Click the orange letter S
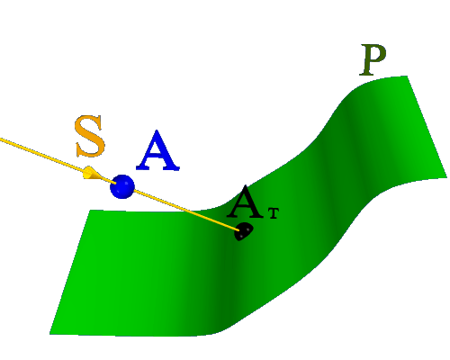click(x=90, y=136)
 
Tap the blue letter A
click(x=157, y=150)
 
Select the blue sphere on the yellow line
click(x=122, y=186)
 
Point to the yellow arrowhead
click(x=92, y=173)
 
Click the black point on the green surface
click(x=243, y=231)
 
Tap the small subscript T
click(x=274, y=213)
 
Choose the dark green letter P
click(x=373, y=59)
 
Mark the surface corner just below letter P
click(x=407, y=76)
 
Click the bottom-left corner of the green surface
click(x=49, y=334)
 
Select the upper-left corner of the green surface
click(x=91, y=211)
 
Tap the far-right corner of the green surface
click(x=446, y=177)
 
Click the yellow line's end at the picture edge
click(x=1, y=139)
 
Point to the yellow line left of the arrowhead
click(x=42, y=156)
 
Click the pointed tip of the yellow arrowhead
click(x=103, y=179)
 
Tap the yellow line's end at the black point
click(x=239, y=230)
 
